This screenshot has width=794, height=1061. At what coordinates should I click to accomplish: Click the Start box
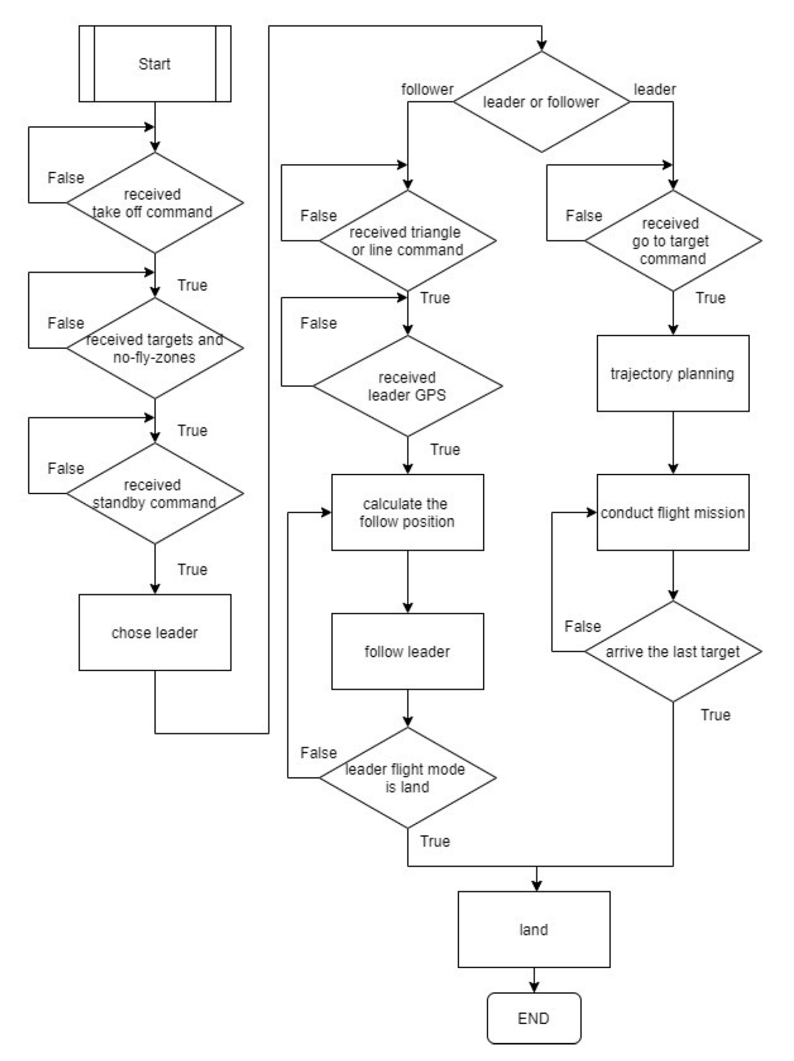[x=154, y=64]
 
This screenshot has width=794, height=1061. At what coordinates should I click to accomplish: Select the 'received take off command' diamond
[x=154, y=203]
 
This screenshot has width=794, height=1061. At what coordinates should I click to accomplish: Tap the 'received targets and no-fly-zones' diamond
[x=154, y=348]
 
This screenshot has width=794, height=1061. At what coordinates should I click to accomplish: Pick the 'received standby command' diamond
[x=154, y=493]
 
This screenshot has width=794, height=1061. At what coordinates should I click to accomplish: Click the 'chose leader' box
[x=154, y=632]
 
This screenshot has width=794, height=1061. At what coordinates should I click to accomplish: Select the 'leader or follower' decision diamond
[x=541, y=102]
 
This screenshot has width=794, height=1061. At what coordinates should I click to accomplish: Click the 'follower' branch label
[x=427, y=89]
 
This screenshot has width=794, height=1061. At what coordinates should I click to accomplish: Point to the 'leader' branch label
[x=654, y=89]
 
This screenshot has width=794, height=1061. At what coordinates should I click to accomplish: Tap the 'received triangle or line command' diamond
[x=407, y=240]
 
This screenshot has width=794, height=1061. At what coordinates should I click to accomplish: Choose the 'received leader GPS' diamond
[x=407, y=386]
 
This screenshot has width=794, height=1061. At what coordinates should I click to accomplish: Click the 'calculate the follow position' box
[x=407, y=512]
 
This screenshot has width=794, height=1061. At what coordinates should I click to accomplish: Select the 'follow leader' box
[x=407, y=651]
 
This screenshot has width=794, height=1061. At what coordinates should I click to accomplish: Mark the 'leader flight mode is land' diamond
[x=407, y=778]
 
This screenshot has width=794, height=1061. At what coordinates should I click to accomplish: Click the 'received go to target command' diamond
[x=672, y=240]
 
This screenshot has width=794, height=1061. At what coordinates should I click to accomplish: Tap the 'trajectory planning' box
[x=672, y=374]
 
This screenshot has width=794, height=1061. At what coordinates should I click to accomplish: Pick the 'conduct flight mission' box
[x=672, y=512]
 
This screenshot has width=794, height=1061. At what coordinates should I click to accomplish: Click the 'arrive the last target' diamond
[x=672, y=651]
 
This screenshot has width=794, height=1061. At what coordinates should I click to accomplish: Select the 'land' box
[x=534, y=929]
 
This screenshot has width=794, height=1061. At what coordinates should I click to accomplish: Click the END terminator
[x=534, y=1018]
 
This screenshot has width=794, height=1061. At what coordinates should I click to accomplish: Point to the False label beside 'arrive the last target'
[x=582, y=626]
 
